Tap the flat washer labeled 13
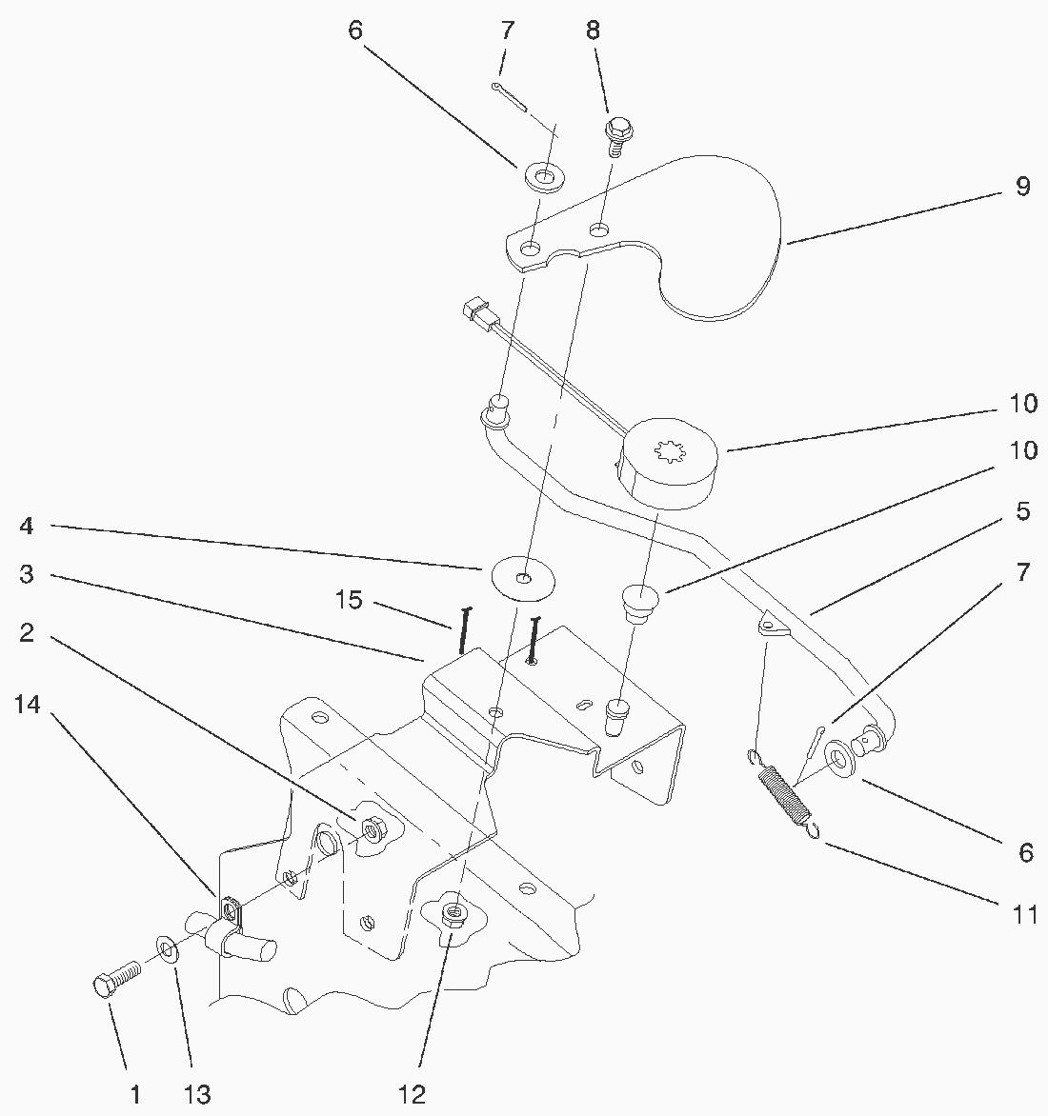pos(168,949)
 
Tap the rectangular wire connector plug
pos(476,312)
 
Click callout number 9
pos(1022,187)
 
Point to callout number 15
pos(349,601)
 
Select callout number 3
pos(27,574)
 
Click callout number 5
pos(1022,511)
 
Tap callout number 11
pos(1024,916)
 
